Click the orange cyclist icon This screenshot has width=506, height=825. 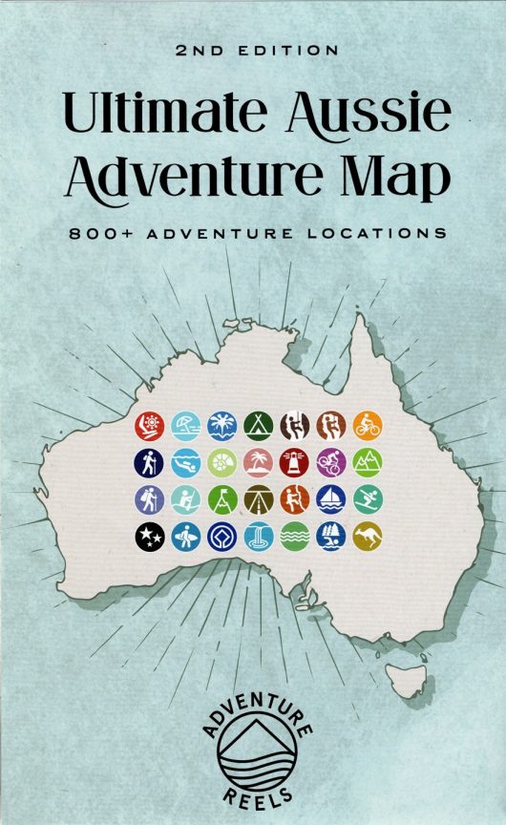pyautogui.click(x=367, y=426)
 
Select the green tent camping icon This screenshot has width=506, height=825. pyautogui.click(x=258, y=426)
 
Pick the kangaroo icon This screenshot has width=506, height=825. pyautogui.click(x=367, y=538)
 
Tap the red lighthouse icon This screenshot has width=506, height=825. pyautogui.click(x=294, y=463)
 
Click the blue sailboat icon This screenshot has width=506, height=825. pyautogui.click(x=330, y=500)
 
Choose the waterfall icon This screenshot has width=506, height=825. pyautogui.click(x=258, y=538)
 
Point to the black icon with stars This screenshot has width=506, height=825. pyautogui.click(x=150, y=538)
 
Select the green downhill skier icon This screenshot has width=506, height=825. pyautogui.click(x=367, y=500)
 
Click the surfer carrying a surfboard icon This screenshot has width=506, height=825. pyautogui.click(x=186, y=538)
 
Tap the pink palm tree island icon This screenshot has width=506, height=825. pyautogui.click(x=258, y=463)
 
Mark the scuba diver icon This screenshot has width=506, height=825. pyautogui.click(x=186, y=463)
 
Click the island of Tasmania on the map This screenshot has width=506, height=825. pyautogui.click(x=408, y=680)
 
